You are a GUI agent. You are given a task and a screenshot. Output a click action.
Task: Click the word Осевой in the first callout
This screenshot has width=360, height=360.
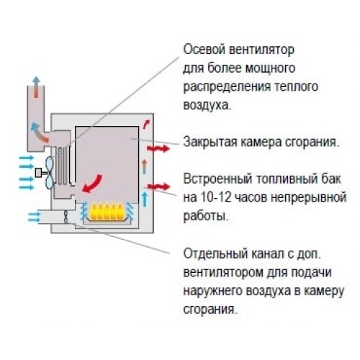(x=204, y=50)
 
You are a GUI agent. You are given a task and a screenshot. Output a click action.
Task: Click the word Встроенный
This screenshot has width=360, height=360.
(x=217, y=179)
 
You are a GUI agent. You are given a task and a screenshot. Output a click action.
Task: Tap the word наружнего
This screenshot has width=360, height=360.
(x=213, y=291)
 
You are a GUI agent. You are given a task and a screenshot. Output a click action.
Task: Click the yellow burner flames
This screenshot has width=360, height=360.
(x=107, y=212)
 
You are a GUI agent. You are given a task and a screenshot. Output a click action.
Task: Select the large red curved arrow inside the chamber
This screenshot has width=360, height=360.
(x=92, y=184)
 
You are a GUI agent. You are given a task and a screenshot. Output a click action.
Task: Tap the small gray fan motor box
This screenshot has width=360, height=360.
(x=38, y=173)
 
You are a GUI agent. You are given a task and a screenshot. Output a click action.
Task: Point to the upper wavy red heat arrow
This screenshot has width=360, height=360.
(x=158, y=149)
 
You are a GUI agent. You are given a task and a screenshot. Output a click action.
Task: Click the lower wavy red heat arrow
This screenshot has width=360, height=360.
(x=158, y=186)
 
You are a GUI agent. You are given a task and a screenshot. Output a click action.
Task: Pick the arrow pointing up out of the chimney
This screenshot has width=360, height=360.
(x=36, y=87)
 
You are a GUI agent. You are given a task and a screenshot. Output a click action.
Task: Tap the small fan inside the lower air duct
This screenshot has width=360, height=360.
(x=66, y=217)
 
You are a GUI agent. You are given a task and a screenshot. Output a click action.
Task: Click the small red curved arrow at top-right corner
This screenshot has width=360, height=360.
(x=146, y=124)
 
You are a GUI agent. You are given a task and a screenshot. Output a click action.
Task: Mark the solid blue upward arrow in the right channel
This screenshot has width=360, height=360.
(x=145, y=199)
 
